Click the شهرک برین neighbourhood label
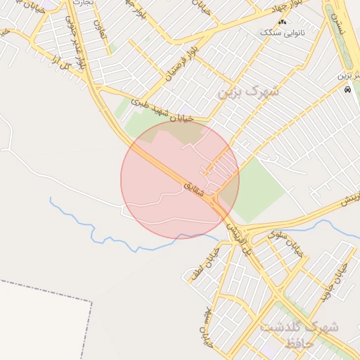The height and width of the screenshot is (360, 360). tap(248, 91)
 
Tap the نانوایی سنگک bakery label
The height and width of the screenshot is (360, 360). tap(282, 33)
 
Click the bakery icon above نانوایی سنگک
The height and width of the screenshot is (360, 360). tap(282, 23)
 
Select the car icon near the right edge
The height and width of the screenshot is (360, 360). tap(347, 89)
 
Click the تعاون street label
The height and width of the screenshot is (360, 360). tap(98, 28)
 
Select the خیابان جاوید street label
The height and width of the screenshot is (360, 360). tap(335, 282)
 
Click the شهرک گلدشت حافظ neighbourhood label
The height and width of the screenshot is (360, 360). tap(299, 335)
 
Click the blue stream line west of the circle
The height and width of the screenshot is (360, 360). tap(91, 225)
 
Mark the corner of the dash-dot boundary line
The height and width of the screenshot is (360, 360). tap(91, 302)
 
